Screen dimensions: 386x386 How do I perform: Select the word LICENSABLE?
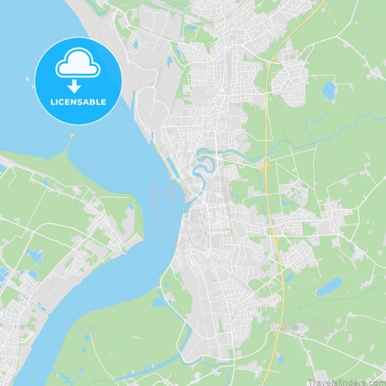pyautogui.click(x=78, y=102)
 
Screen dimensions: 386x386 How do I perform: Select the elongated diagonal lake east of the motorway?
pyautogui.click(x=328, y=289)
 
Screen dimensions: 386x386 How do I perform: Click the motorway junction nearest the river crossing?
pyautogui.click(x=264, y=166)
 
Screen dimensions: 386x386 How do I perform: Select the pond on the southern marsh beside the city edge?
pyautogui.click(x=158, y=303)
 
